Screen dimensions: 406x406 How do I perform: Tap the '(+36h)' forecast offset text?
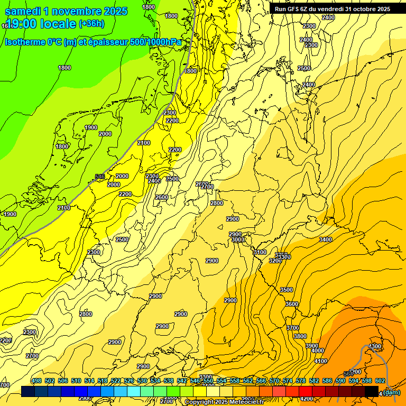(91, 24)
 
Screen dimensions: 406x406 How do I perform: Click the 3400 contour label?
(326, 239)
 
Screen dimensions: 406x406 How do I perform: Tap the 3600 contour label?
(292, 304)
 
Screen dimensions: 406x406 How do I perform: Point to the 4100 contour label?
(321, 361)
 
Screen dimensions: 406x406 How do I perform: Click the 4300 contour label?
(375, 346)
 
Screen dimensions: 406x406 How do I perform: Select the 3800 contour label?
(300, 336)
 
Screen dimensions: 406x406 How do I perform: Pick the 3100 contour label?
(260, 253)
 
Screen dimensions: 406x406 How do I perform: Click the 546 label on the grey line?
(100, 177)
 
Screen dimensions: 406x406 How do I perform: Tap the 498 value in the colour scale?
(36, 381)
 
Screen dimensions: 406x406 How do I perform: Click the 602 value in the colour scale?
(380, 381)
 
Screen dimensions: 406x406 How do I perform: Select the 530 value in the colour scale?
(142, 381)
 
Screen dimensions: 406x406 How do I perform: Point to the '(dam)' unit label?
(392, 393)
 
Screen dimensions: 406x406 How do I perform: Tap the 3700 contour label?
(293, 328)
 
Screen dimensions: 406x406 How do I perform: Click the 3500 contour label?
(286, 290)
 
